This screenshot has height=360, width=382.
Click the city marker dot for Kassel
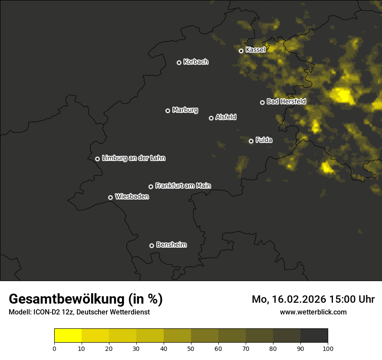tap(241, 51)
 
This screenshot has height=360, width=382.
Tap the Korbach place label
tap(196, 62)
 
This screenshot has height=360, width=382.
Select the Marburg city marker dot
tap(168, 111)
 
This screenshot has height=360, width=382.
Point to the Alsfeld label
tap(226, 117)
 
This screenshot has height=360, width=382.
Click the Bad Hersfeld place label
tap(286, 101)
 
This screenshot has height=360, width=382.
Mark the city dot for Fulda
tap(251, 141)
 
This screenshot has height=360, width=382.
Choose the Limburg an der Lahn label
tap(133, 158)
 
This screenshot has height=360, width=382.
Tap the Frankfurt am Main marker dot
tap(151, 187)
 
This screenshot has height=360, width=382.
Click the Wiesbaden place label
tap(132, 196)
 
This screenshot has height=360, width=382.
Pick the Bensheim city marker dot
tap(151, 245)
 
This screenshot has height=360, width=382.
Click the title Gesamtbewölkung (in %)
tap(86, 299)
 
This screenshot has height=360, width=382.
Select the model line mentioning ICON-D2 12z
tap(79, 312)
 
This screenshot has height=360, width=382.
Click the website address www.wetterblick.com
tap(313, 312)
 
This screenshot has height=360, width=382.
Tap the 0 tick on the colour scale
tap(54, 348)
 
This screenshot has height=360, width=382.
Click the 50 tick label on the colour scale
tap(191, 348)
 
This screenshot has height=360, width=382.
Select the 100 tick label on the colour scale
tap(328, 348)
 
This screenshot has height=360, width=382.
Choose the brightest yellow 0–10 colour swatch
tap(68, 335)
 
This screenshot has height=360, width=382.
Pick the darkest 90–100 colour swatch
tap(314, 335)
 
